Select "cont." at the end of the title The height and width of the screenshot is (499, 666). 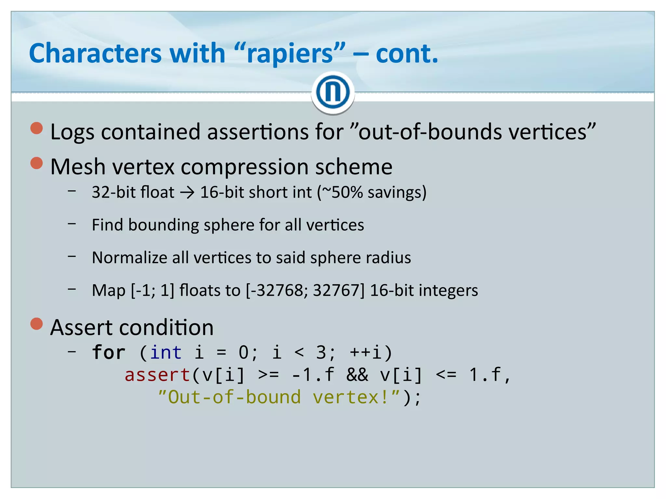(x=407, y=54)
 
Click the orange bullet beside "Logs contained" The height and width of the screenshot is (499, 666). (x=37, y=128)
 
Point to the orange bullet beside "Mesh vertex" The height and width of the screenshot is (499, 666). (x=37, y=163)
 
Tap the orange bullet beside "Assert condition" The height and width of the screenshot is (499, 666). (x=37, y=324)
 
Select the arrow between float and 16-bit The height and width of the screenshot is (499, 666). (x=187, y=193)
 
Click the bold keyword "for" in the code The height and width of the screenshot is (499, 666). (x=109, y=352)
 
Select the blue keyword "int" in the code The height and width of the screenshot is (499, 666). (x=166, y=353)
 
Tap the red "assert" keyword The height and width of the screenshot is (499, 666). (x=157, y=375)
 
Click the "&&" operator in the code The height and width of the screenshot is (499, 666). (x=357, y=375)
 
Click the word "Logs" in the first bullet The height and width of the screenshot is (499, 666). (x=73, y=132)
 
